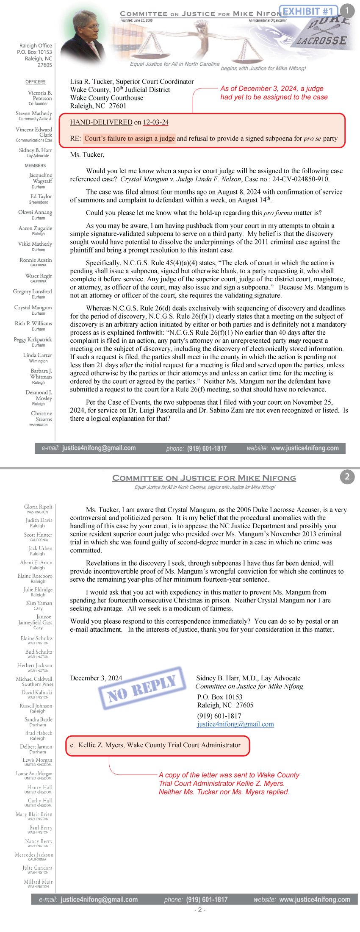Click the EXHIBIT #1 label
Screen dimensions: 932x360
point(308,11)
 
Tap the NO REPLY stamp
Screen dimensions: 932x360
point(142,688)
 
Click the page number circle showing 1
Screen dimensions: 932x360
point(347,11)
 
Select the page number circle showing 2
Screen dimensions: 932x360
point(347,477)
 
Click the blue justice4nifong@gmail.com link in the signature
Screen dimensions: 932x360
point(235,724)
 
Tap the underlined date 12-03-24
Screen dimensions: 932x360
point(156,122)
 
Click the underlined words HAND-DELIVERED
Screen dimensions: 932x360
point(101,122)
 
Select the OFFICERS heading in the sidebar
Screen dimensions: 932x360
point(36,82)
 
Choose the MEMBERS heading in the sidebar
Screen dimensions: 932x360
point(35,166)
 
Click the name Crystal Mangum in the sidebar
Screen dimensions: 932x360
point(33,308)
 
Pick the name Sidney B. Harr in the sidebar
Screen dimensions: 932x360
point(36,150)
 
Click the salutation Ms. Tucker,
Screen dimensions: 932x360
point(87,155)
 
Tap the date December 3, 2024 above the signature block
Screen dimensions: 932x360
point(96,678)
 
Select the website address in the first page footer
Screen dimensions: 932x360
point(305,448)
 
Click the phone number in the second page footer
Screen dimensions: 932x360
point(207,899)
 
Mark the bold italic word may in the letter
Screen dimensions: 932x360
point(295,341)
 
